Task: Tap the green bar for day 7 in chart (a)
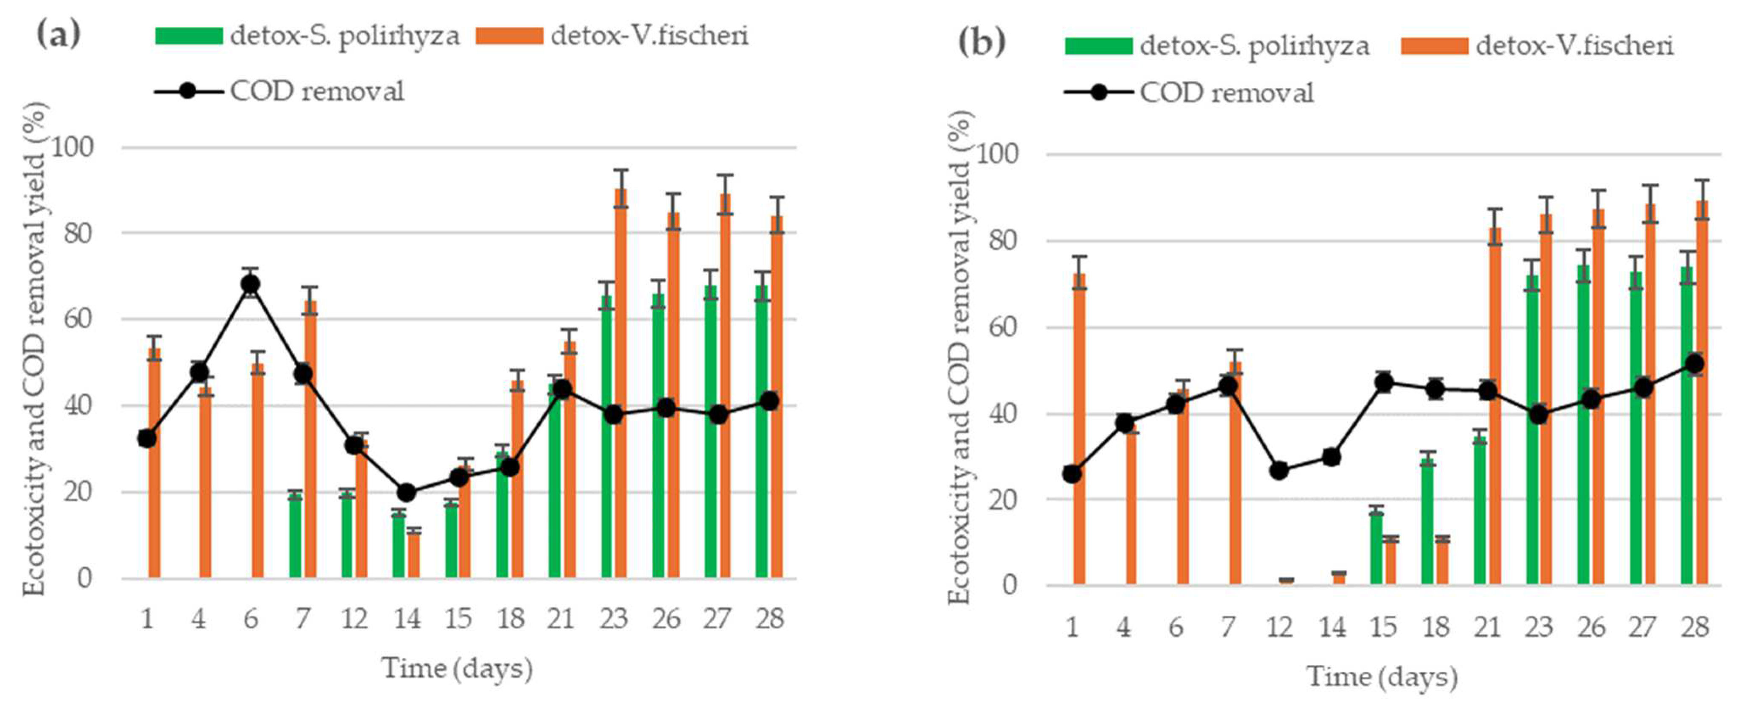tap(295, 535)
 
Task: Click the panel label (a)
tap(58, 34)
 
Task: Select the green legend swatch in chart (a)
tap(188, 35)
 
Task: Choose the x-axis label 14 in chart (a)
tap(406, 618)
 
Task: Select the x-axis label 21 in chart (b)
tap(1487, 626)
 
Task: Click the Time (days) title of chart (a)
tap(457, 668)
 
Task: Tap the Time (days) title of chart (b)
tap(1382, 676)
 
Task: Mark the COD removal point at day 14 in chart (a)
tap(406, 492)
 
